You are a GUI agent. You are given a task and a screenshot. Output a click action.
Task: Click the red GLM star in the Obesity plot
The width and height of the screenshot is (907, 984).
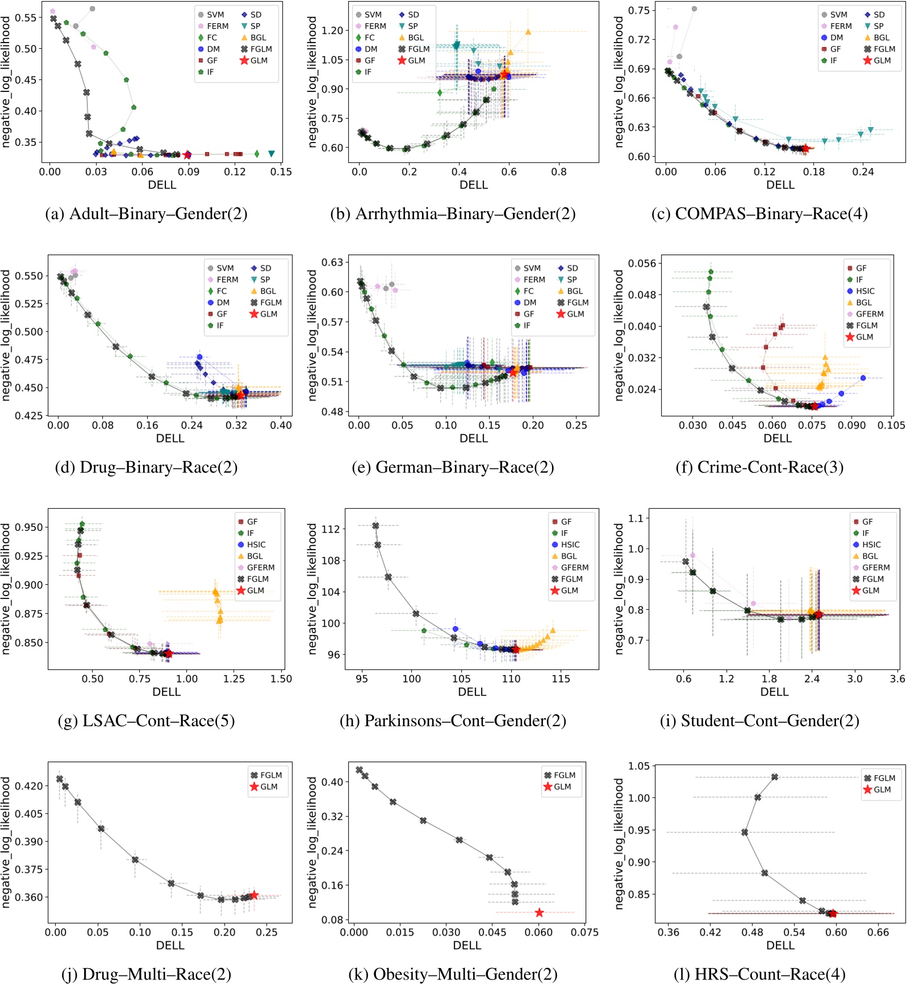point(539,912)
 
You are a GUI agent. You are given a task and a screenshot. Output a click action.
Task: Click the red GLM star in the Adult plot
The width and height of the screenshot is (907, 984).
point(187,155)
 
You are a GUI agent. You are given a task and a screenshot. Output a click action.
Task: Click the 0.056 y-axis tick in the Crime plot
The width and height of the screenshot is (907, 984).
point(642,263)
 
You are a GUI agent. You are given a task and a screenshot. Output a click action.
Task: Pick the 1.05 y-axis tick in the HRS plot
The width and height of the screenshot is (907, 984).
point(638,767)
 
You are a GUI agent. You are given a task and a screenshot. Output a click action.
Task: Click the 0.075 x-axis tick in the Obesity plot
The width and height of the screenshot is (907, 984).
point(584,932)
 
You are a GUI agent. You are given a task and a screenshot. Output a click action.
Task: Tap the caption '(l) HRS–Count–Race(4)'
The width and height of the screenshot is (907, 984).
point(759,974)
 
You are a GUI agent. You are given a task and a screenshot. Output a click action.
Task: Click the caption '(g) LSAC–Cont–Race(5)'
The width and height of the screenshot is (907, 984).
point(147,721)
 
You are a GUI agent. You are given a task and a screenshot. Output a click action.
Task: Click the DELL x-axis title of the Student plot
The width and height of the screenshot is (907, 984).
point(774,692)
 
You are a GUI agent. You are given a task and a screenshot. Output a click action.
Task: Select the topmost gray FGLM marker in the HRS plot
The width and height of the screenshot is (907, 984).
point(775,777)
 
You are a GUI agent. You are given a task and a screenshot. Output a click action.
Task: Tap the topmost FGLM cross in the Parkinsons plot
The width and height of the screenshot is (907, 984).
point(375,526)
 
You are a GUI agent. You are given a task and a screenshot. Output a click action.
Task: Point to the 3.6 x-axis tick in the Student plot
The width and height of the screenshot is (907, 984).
point(897,679)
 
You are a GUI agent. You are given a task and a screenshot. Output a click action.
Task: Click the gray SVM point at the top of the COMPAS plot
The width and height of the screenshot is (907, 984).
point(694,9)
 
